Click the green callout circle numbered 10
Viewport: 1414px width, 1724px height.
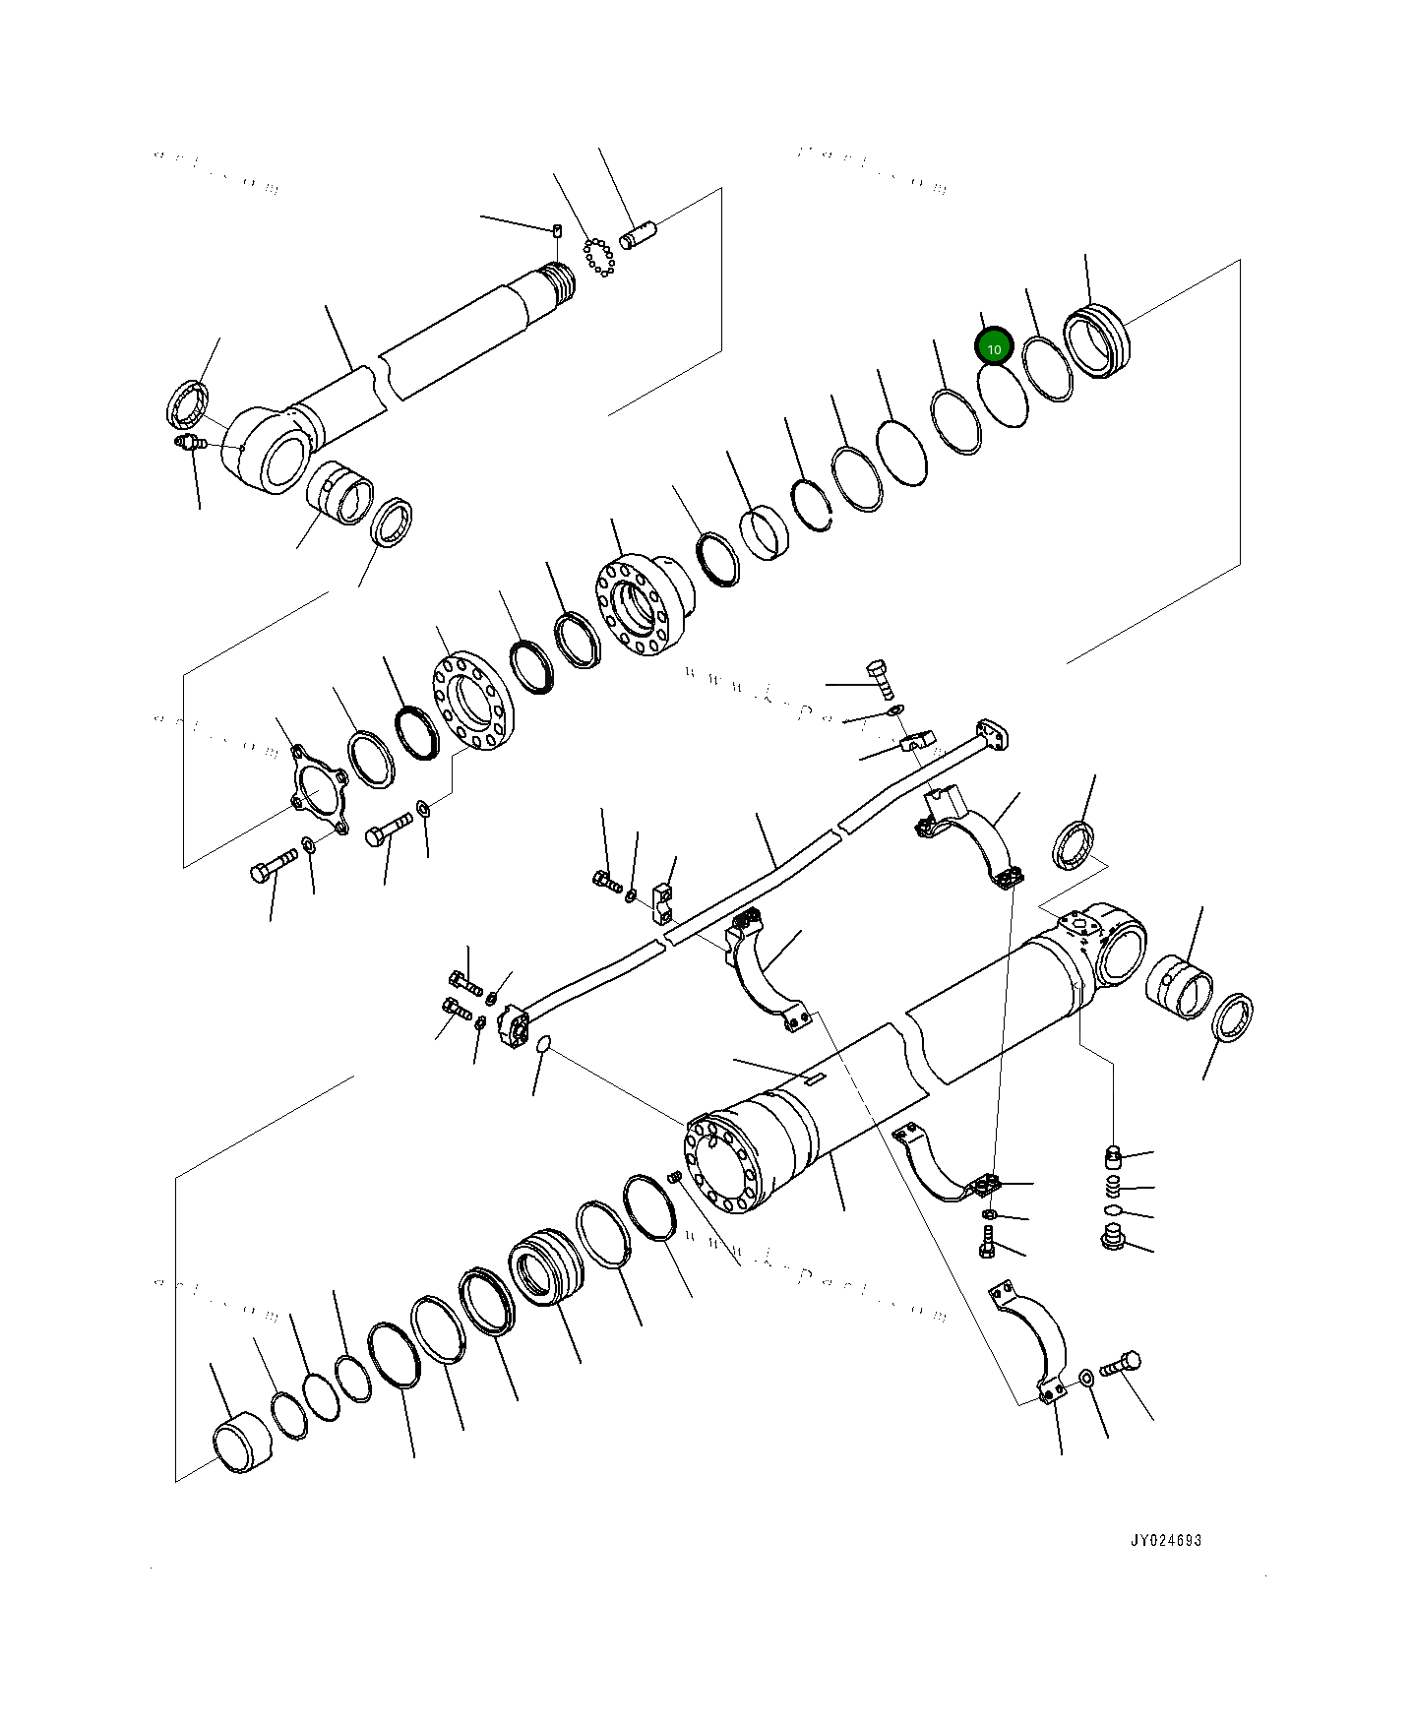pos(994,347)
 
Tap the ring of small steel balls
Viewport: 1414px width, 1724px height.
pos(597,257)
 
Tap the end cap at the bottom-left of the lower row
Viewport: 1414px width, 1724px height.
pos(242,1443)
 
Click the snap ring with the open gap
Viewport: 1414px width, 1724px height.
pos(813,507)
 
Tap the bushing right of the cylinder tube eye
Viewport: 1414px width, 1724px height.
pos(1180,986)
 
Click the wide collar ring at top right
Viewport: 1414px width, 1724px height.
pos(1098,340)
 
